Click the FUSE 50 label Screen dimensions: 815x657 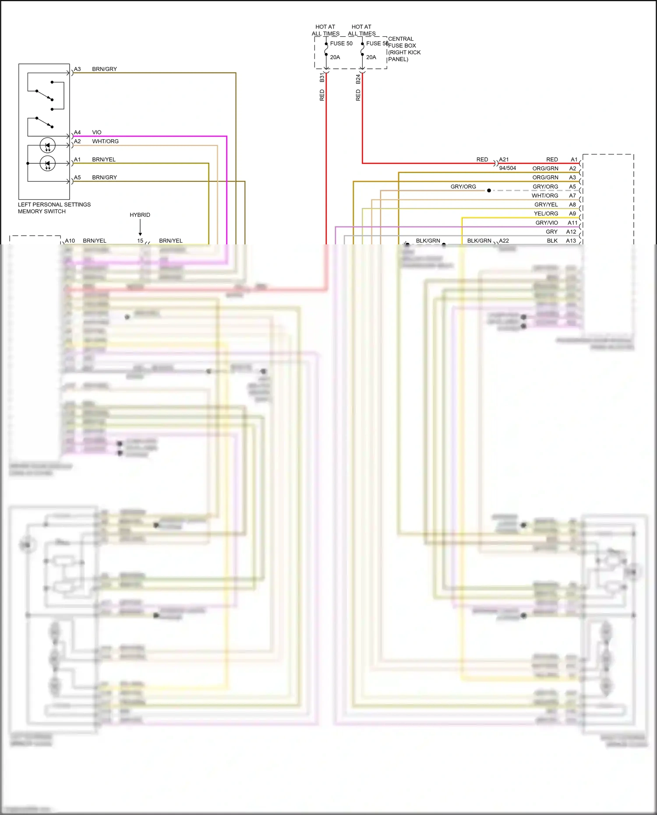pos(341,43)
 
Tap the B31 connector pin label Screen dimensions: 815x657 pos(322,78)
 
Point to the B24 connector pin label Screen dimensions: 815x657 pos(358,79)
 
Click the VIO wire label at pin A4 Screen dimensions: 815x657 pos(96,132)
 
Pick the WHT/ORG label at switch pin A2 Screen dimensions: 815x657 pos(105,141)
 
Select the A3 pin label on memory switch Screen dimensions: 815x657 pos(77,69)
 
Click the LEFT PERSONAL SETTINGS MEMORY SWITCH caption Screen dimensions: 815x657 pos(54,208)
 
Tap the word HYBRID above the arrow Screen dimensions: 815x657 pos(140,215)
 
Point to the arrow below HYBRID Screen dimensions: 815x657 pos(140,228)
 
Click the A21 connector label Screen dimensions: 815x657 pos(504,159)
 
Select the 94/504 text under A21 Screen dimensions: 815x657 pos(507,168)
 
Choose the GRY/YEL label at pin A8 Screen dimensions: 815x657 pos(546,205)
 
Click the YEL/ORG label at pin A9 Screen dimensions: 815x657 pos(546,214)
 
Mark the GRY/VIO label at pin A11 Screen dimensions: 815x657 pos(547,223)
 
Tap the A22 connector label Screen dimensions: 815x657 pos(504,241)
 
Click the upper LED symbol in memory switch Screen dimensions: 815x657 pos(47,145)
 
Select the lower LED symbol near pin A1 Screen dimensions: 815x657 pos(47,163)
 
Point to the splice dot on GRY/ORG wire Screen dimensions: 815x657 pos(489,191)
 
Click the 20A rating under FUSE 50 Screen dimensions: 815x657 pos(335,57)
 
